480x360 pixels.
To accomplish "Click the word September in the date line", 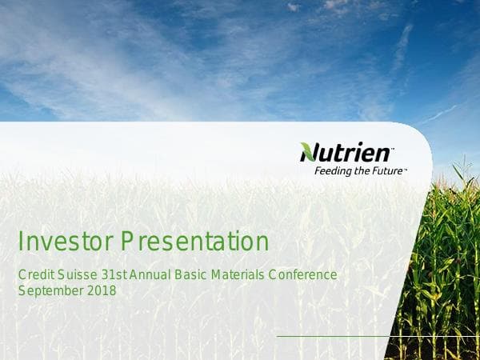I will click(49, 291).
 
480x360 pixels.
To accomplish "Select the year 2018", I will click(100, 291).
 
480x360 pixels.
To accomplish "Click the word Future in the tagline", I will click(388, 170).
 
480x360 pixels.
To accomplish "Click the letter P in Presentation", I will click(127, 241).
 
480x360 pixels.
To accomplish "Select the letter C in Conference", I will click(273, 275).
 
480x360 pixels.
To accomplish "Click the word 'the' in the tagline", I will click(361, 170).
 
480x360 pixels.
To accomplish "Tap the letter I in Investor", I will click(21, 241).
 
